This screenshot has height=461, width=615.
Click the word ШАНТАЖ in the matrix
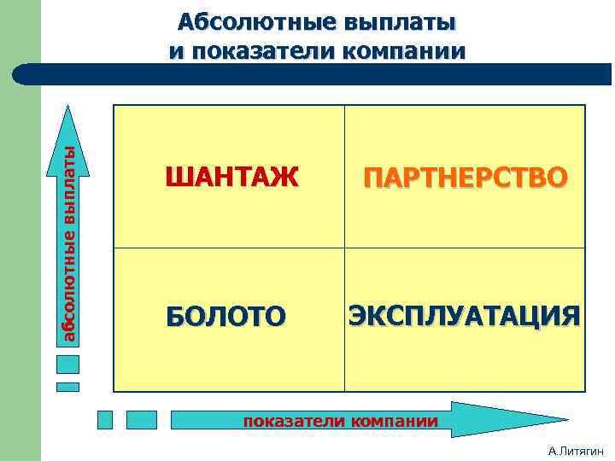pos(232,177)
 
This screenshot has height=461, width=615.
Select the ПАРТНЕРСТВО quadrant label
pos(465,177)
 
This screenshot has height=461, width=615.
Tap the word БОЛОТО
pos(226,317)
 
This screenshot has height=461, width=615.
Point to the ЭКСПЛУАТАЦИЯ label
pos(465,315)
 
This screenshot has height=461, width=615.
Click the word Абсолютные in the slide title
pos(244,21)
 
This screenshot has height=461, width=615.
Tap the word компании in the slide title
pos(403,50)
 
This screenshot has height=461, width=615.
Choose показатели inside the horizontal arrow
pos(293,421)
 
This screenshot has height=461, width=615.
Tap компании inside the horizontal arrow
pos(390,421)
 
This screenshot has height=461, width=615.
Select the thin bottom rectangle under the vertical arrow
pos(67,386)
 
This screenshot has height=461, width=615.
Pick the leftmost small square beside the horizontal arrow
pos(105,419)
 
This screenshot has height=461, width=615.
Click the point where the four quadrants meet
pos(344,248)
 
